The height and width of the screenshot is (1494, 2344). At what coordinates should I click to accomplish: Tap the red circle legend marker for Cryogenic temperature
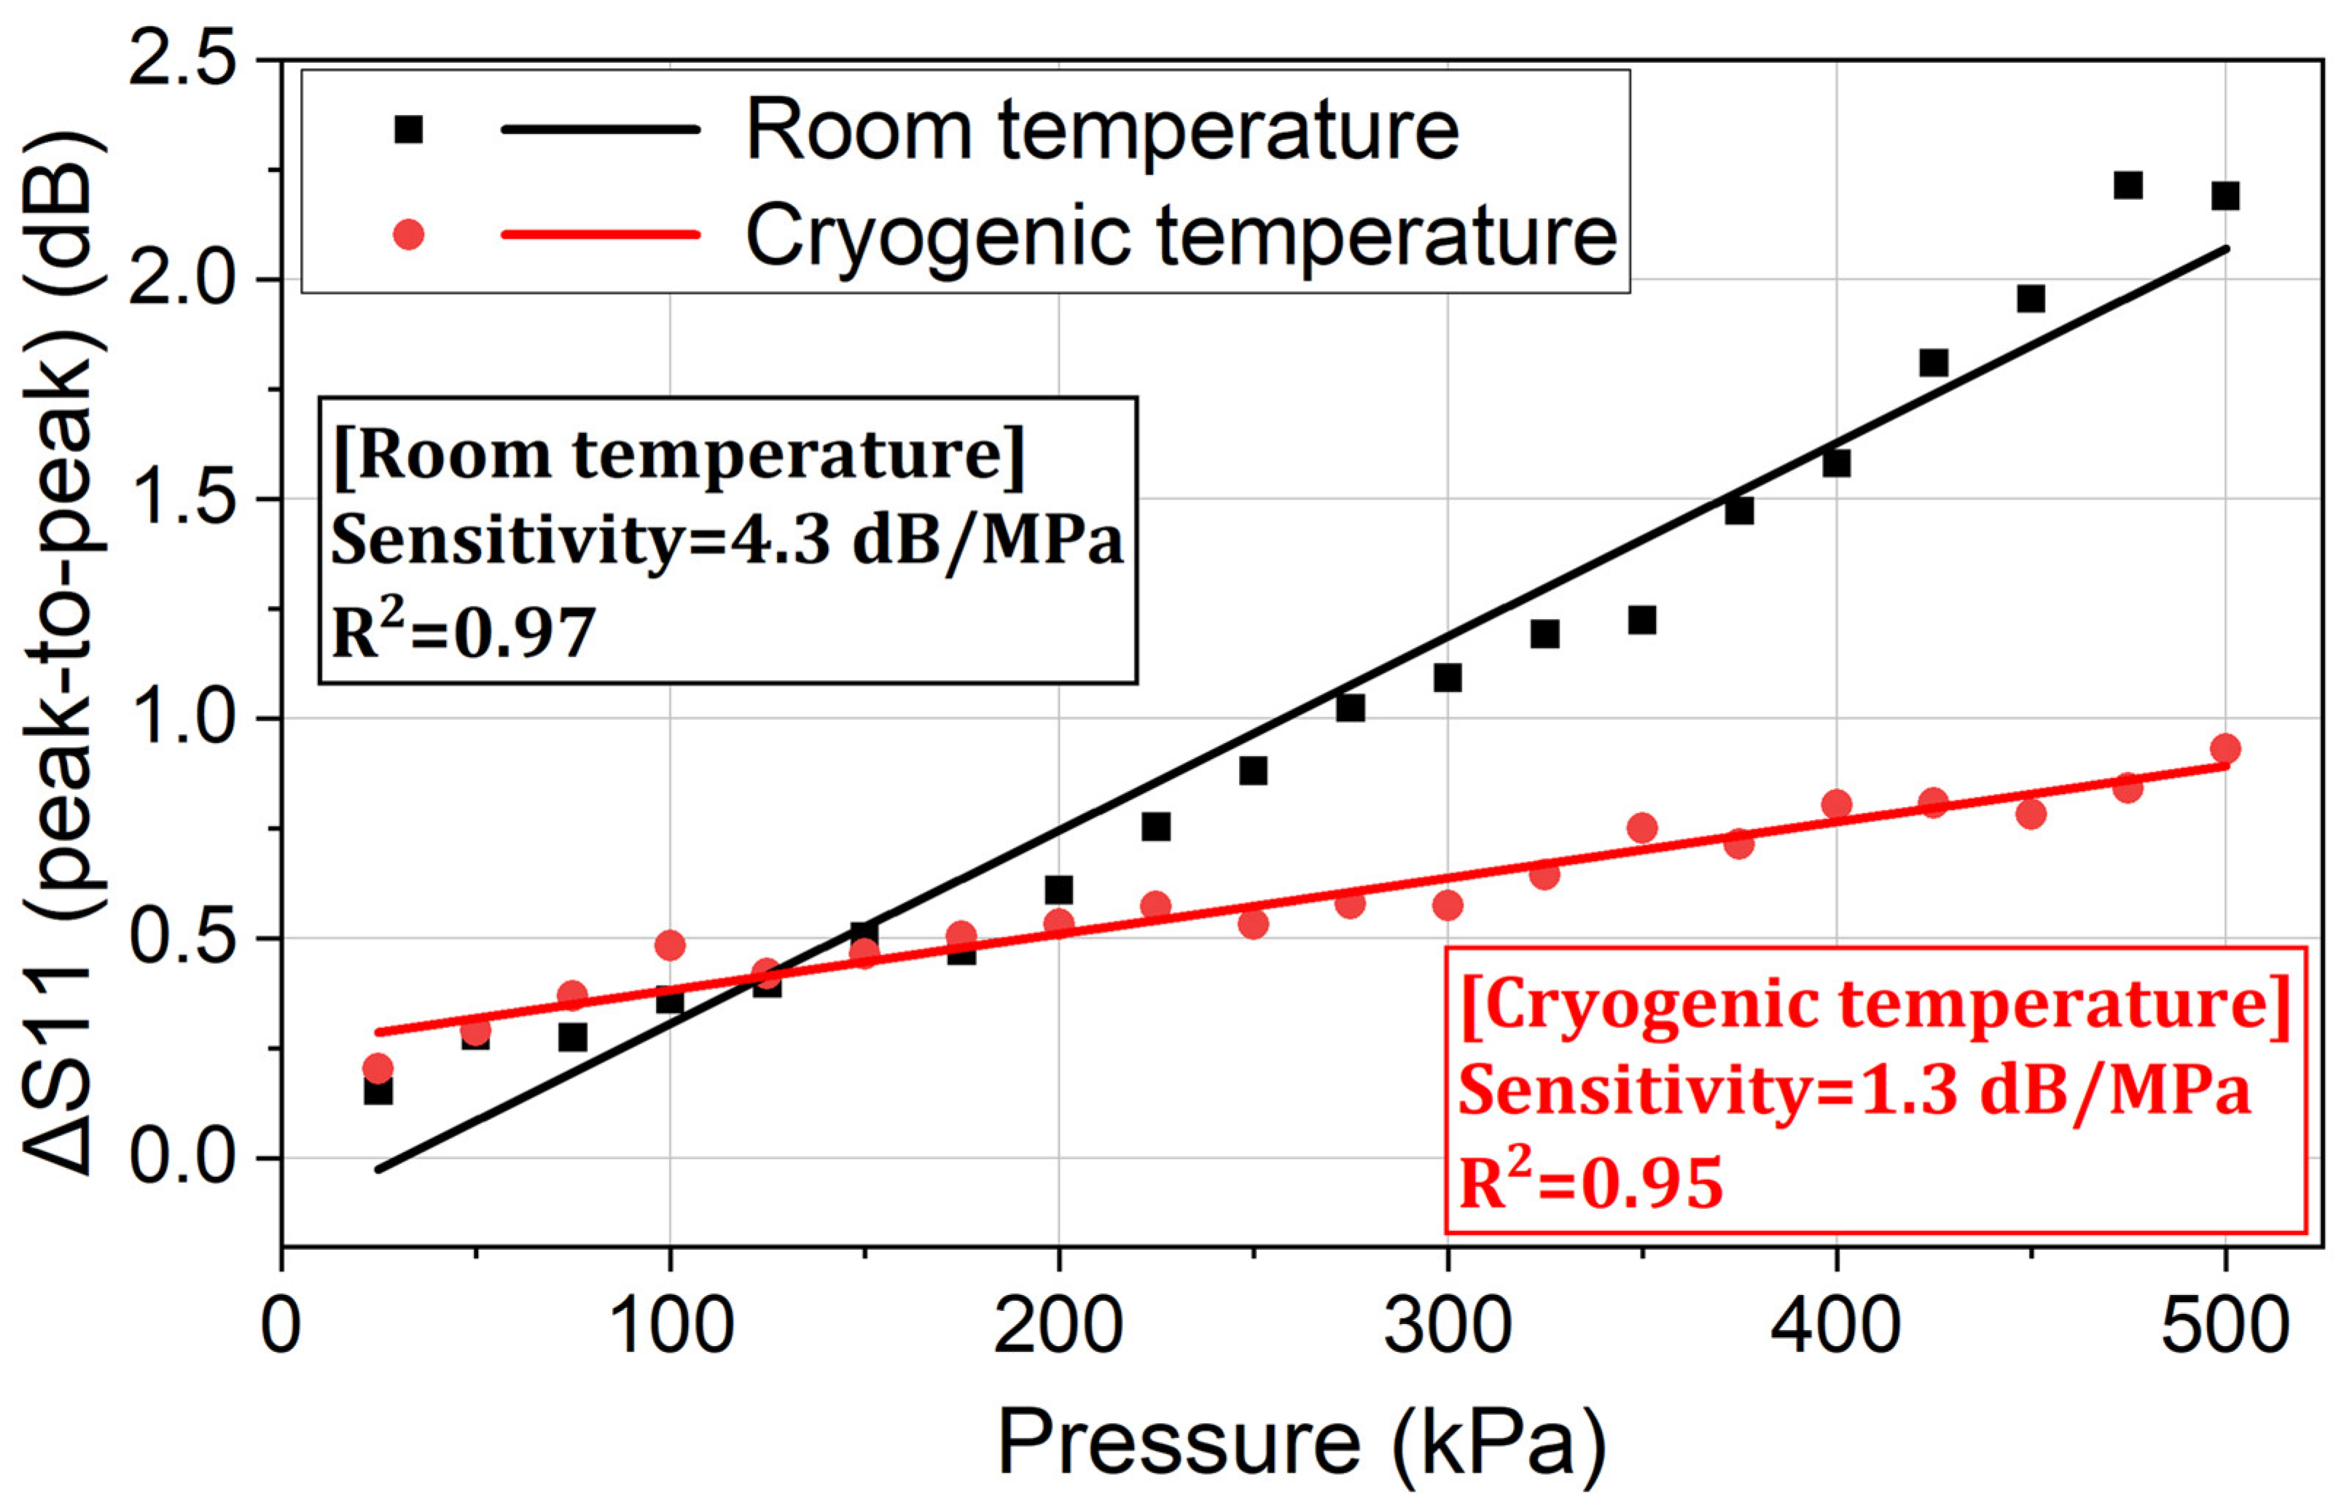pyautogui.click(x=409, y=234)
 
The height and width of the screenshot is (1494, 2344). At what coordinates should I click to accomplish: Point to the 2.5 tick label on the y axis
pyautogui.click(x=183, y=61)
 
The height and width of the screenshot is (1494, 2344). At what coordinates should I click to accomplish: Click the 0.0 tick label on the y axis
pyautogui.click(x=183, y=1158)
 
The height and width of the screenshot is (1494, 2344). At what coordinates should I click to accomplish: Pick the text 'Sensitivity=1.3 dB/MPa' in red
pyautogui.click(x=1854, y=1090)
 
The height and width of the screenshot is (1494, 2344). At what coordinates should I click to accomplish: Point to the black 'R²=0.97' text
pyautogui.click(x=464, y=632)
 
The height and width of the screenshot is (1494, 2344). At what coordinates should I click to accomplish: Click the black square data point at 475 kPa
pyautogui.click(x=2128, y=185)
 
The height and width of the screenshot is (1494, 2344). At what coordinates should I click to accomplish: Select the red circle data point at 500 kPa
pyautogui.click(x=2225, y=749)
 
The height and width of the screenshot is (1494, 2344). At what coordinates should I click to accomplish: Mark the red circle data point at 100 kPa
pyautogui.click(x=670, y=945)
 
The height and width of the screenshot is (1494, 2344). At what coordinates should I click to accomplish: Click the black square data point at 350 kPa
pyautogui.click(x=1642, y=620)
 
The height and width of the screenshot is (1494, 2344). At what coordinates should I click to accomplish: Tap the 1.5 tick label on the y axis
pyautogui.click(x=183, y=499)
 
